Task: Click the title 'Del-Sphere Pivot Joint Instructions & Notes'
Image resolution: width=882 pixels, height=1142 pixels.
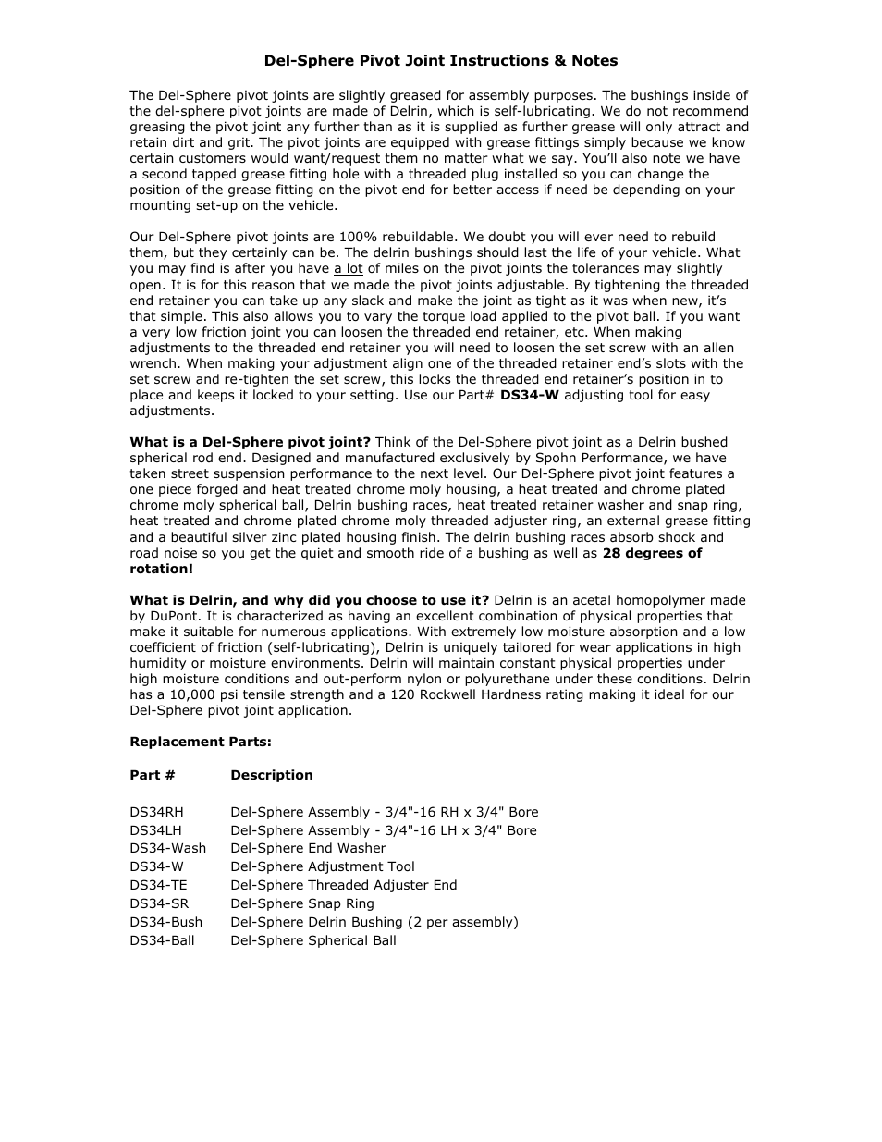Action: pyautogui.click(x=441, y=61)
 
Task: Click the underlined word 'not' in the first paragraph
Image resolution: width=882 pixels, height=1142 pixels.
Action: pyautogui.click(x=656, y=111)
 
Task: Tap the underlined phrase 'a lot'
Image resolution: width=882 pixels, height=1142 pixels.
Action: pyautogui.click(x=349, y=269)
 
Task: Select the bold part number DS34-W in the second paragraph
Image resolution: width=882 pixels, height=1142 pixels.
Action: pyautogui.click(x=530, y=395)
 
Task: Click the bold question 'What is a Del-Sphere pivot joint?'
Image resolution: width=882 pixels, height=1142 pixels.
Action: pyautogui.click(x=250, y=442)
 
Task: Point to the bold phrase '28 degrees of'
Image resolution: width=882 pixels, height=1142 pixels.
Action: pyautogui.click(x=652, y=553)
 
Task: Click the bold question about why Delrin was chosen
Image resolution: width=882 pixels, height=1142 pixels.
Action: pyautogui.click(x=309, y=600)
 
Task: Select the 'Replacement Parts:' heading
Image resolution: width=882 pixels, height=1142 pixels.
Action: pyautogui.click(x=201, y=742)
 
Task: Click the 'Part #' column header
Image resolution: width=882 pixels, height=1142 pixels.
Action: pyautogui.click(x=153, y=775)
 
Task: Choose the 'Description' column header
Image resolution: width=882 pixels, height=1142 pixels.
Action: pyautogui.click(x=272, y=775)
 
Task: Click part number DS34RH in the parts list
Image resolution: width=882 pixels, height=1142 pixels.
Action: pyautogui.click(x=157, y=812)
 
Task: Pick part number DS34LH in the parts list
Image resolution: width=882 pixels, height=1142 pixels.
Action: pyautogui.click(x=156, y=830)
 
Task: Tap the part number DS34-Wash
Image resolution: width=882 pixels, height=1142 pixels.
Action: pyautogui.click(x=167, y=848)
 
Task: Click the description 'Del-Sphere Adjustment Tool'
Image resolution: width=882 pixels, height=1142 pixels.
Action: pyautogui.click(x=323, y=866)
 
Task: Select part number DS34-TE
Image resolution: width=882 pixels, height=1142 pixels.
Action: pyautogui.click(x=158, y=885)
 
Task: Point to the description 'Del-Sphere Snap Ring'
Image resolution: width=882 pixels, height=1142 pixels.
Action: pyautogui.click(x=302, y=903)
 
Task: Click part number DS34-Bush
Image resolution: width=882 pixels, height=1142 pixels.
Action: pyautogui.click(x=165, y=922)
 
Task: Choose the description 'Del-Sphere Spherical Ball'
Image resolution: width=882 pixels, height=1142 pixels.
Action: pyautogui.click(x=313, y=940)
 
